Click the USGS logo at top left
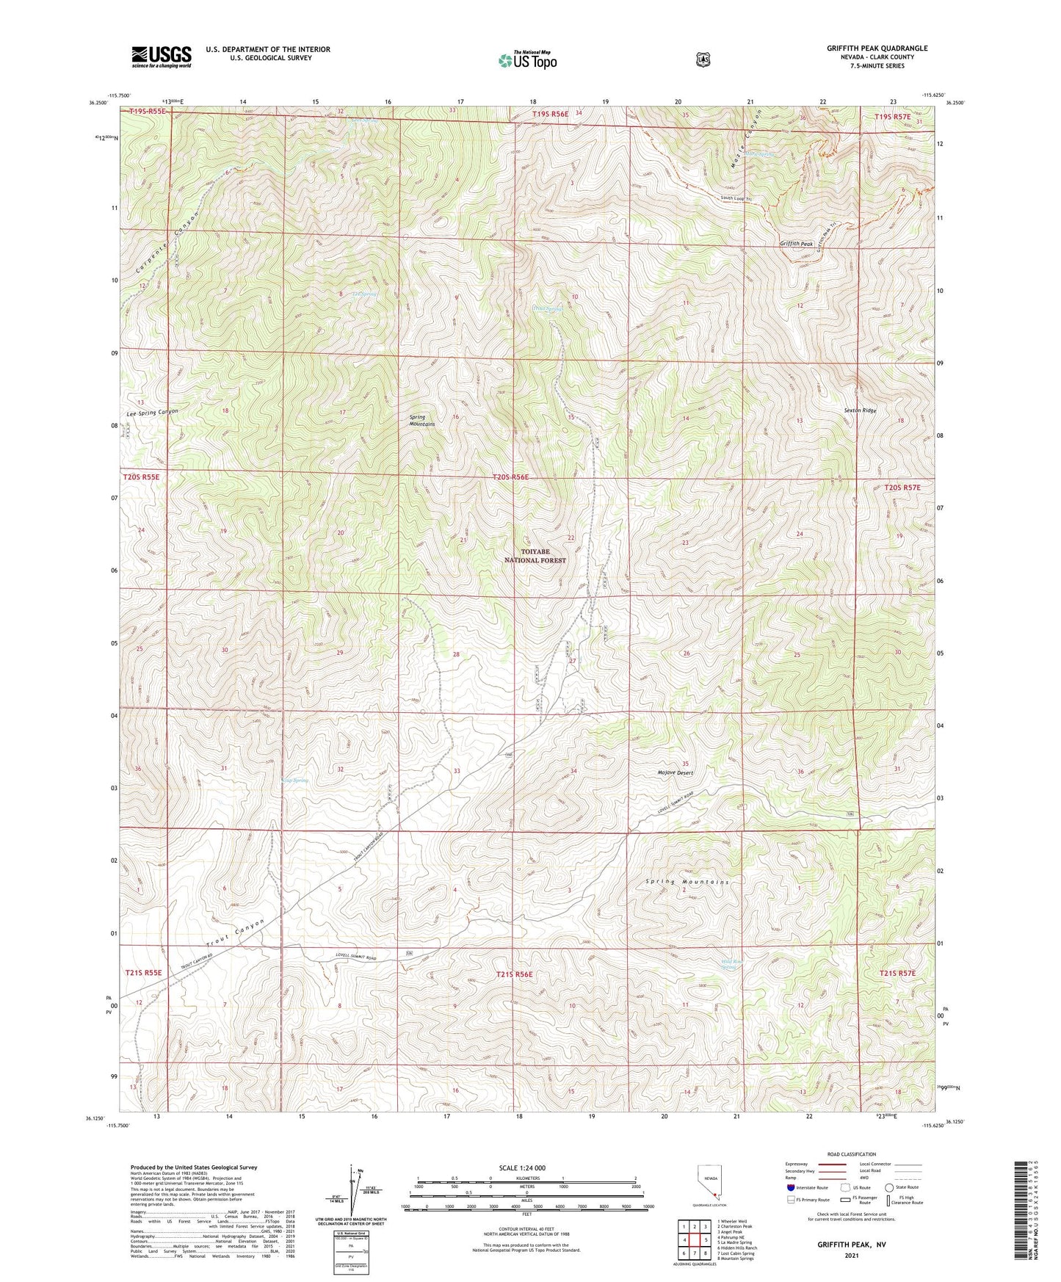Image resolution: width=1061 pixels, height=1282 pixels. pos(162,57)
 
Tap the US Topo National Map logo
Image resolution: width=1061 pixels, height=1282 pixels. pos(526,59)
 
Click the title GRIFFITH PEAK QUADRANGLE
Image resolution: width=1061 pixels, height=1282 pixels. pos(877,48)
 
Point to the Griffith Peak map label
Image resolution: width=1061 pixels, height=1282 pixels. pos(796,244)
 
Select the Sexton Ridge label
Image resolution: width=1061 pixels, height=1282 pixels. pos(860,411)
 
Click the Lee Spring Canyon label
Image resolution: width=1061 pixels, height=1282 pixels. pos(153,413)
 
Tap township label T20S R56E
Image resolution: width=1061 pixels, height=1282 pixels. pos(510,477)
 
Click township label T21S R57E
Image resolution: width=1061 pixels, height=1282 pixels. pos(897,973)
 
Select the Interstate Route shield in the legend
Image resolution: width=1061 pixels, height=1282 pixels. pos(790,1187)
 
